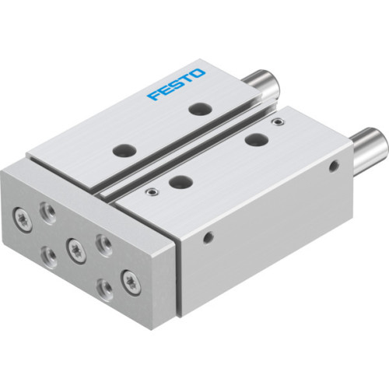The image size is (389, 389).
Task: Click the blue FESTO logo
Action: (x=177, y=85)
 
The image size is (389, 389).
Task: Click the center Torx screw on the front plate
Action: (x=76, y=249)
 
